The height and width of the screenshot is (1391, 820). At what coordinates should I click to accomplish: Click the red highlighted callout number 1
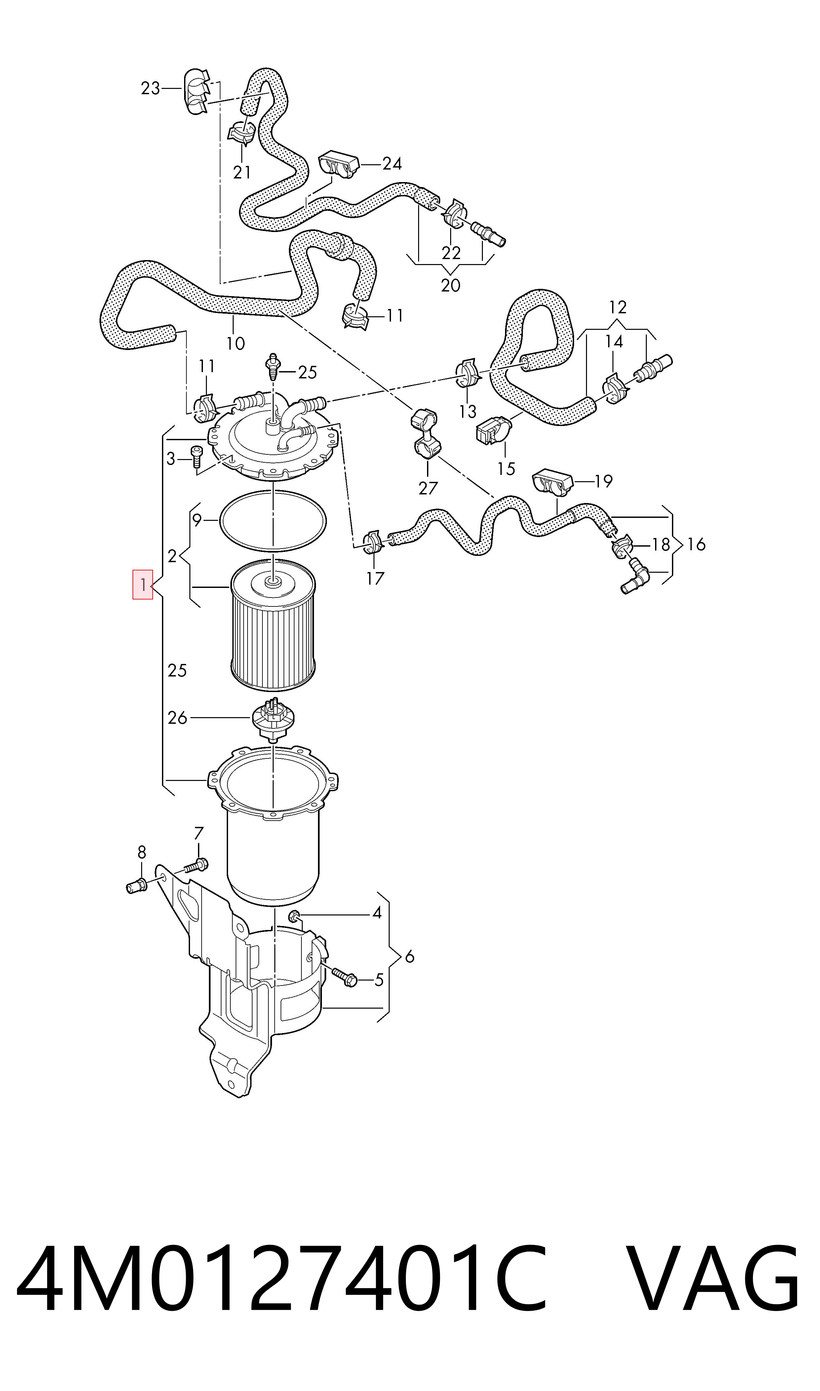[142, 585]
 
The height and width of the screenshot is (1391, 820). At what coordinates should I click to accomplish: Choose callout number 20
[451, 285]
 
